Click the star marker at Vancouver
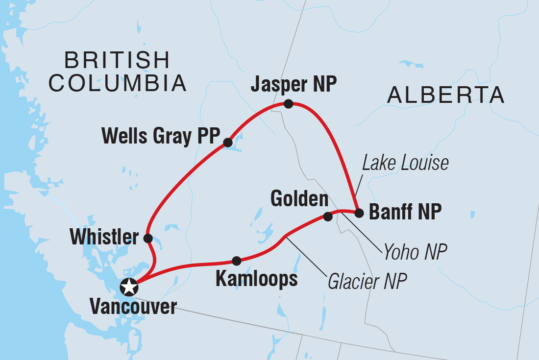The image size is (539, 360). tap(128, 287)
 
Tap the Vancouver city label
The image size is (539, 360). tap(133, 307)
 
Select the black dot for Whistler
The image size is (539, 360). tap(147, 238)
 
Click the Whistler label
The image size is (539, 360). tap(104, 238)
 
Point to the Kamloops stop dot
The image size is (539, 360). tap(236, 261)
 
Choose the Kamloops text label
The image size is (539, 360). tap(256, 279)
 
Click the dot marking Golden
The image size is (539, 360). tap(328, 216)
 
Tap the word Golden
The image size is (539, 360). tap(299, 199)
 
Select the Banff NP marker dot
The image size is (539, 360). tap(359, 213)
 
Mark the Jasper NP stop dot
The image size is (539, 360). tap(289, 103)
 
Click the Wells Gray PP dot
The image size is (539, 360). tap(227, 143)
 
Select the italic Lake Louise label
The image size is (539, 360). tap(405, 163)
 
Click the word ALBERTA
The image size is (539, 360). tap(445, 95)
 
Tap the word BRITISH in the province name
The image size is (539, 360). tap(117, 61)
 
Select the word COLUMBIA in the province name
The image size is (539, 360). tap(118, 83)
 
